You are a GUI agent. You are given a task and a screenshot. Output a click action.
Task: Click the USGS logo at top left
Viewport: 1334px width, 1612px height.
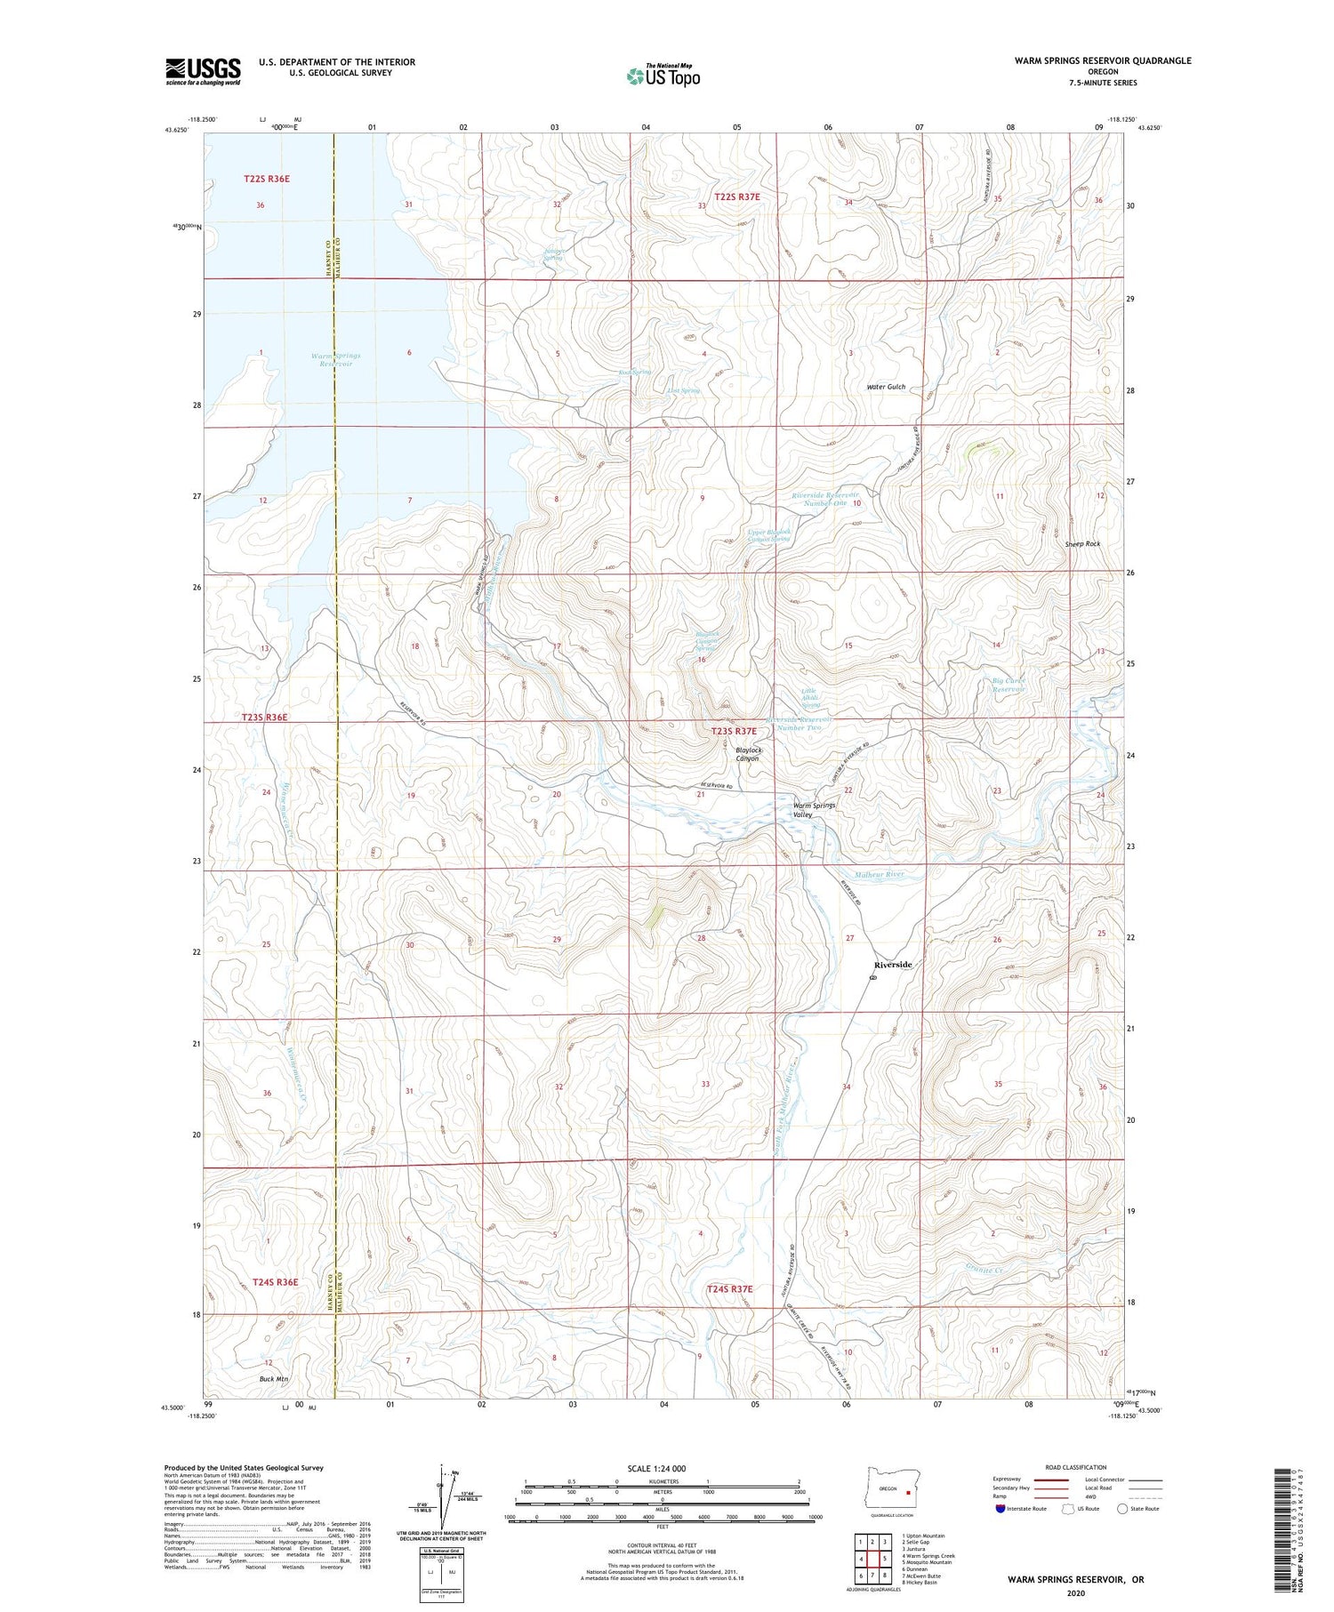(203, 71)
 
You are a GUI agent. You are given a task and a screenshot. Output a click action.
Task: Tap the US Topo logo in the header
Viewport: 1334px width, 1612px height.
(663, 76)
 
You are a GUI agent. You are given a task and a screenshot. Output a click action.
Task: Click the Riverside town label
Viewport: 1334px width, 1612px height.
(892, 965)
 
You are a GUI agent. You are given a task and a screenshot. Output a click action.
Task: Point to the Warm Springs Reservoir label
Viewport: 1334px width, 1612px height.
(336, 359)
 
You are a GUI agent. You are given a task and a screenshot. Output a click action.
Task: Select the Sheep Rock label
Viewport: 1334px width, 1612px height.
(1082, 543)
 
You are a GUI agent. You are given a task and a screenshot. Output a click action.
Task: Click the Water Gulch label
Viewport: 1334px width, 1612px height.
(886, 387)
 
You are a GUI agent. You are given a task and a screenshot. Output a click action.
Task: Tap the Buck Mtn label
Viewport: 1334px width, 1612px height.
(274, 1379)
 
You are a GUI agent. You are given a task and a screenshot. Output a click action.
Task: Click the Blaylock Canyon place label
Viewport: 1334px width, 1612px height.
(748, 754)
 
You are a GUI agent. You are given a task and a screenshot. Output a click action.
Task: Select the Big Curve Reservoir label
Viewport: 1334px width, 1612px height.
(1009, 685)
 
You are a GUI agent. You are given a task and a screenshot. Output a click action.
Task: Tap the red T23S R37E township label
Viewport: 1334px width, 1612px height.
(734, 731)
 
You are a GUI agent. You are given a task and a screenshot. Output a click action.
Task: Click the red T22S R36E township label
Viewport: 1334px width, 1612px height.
(267, 179)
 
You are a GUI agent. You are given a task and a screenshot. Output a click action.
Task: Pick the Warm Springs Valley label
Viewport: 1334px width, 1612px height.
(814, 809)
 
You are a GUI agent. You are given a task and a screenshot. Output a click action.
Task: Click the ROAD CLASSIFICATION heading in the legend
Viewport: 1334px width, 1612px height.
(1076, 1467)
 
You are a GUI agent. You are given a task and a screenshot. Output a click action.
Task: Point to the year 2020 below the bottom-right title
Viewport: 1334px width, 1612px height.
(1075, 1593)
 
